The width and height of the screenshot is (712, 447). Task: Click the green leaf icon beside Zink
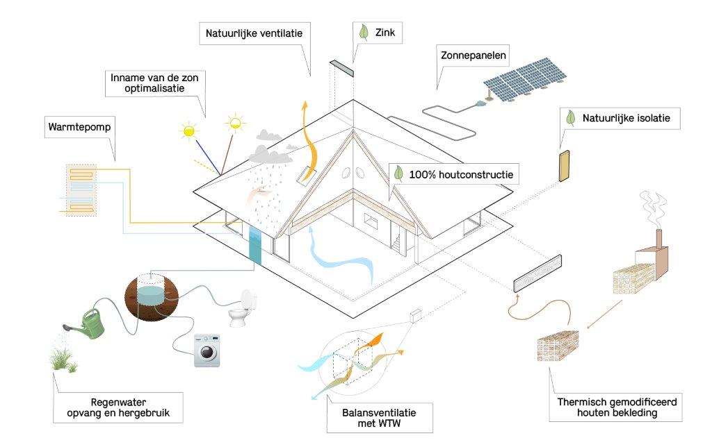tap(362, 31)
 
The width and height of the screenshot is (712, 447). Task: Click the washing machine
tap(207, 349)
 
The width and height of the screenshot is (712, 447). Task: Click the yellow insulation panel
tap(565, 166)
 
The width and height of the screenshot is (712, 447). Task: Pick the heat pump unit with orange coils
tap(81, 189)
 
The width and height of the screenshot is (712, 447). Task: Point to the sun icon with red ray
tap(236, 124)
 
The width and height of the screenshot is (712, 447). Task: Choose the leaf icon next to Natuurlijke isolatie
tap(570, 118)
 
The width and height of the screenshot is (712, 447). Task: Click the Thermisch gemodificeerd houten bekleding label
tap(617, 407)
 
